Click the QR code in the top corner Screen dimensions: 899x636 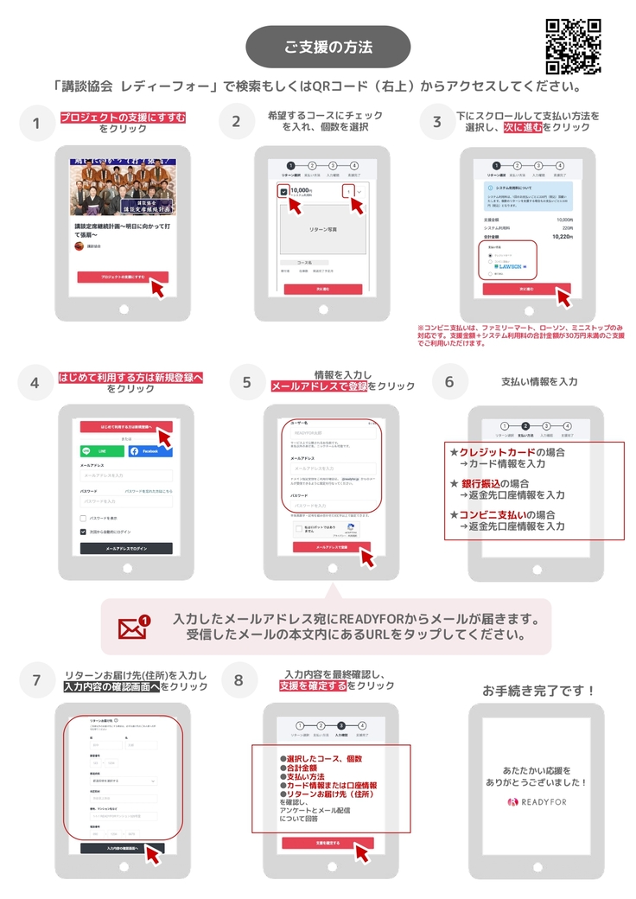point(574,46)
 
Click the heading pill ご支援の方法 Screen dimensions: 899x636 point(328,47)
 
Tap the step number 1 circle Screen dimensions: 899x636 point(36,124)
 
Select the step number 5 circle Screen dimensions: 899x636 point(247,381)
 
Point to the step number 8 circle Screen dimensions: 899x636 point(239,680)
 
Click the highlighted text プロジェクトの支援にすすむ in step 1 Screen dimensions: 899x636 point(123,117)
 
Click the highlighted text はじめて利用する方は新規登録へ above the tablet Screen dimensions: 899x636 point(130,378)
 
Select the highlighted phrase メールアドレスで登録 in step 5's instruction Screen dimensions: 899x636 point(319,386)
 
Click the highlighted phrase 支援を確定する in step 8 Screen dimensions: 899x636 point(312,685)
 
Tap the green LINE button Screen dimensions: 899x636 point(102,451)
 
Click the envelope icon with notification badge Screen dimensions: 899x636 point(134,627)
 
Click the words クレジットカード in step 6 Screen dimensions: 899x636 point(496,452)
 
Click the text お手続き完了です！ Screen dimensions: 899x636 point(538,691)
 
